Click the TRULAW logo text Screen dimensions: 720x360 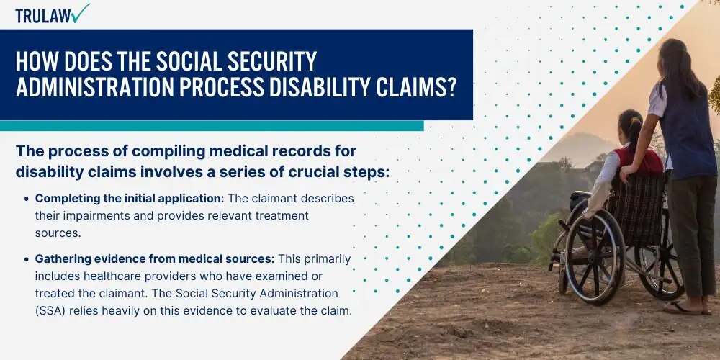coord(43,16)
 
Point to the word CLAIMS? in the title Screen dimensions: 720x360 coord(416,87)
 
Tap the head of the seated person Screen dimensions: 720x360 coord(631,125)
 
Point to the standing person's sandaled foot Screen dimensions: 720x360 coord(683,307)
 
